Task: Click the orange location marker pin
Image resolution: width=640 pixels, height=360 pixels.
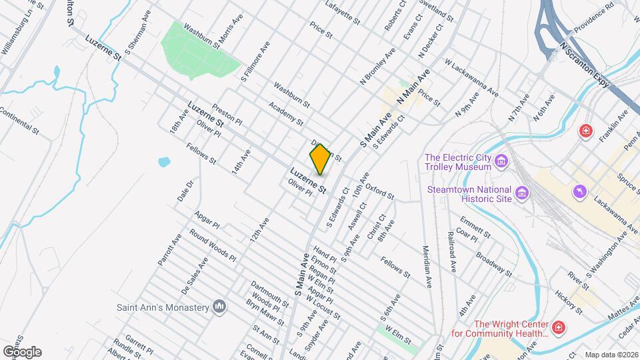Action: click(320, 159)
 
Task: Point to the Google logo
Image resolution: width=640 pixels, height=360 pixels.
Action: click(22, 351)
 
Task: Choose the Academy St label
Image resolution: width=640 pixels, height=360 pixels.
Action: click(286, 114)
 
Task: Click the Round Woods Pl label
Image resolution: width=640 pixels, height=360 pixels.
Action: click(212, 245)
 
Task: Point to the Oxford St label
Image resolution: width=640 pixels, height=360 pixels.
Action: click(379, 191)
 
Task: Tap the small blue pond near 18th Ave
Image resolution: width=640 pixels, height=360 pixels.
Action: click(163, 161)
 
